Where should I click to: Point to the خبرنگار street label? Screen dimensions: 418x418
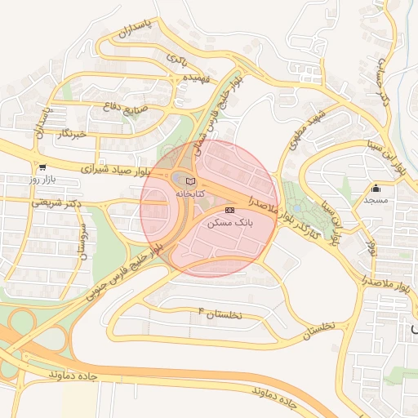(67, 132)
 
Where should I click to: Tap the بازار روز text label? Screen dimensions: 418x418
(41, 178)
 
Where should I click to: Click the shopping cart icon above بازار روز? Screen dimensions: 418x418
(42, 166)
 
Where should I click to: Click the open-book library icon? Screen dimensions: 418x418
(190, 181)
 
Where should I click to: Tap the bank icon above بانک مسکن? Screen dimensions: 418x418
(230, 210)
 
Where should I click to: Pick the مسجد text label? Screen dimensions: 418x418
(376, 200)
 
